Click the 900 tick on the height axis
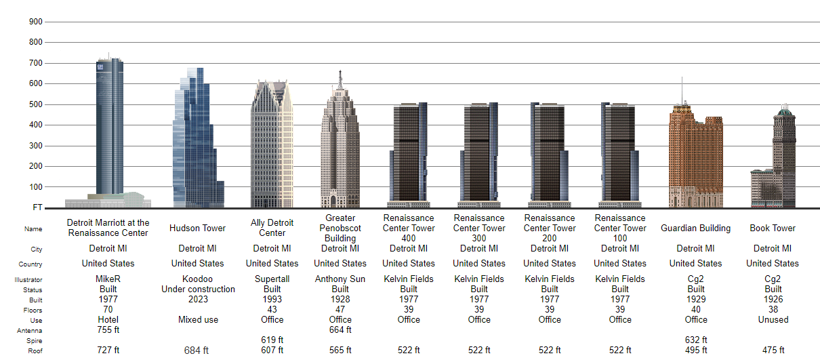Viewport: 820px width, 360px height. (x=35, y=22)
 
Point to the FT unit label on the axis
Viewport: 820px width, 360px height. (x=37, y=207)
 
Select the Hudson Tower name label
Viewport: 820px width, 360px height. (x=197, y=228)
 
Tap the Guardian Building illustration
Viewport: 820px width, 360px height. (x=695, y=159)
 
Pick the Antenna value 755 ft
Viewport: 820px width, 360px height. (x=108, y=329)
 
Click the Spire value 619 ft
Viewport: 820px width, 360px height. (x=272, y=340)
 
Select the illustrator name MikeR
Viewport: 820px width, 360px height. (x=108, y=279)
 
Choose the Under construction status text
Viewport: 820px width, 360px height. (x=198, y=289)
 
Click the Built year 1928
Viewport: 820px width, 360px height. (x=340, y=299)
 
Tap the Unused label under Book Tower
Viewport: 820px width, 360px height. (x=773, y=319)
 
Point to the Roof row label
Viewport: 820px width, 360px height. (x=35, y=351)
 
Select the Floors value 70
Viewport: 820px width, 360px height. (x=108, y=309)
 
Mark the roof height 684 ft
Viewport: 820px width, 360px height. (x=197, y=351)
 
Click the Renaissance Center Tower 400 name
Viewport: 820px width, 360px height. (x=409, y=228)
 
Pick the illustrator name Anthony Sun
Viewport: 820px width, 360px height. (x=340, y=279)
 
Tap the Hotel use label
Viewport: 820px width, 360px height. (x=108, y=319)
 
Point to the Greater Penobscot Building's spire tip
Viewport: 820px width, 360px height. (x=340, y=71)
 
